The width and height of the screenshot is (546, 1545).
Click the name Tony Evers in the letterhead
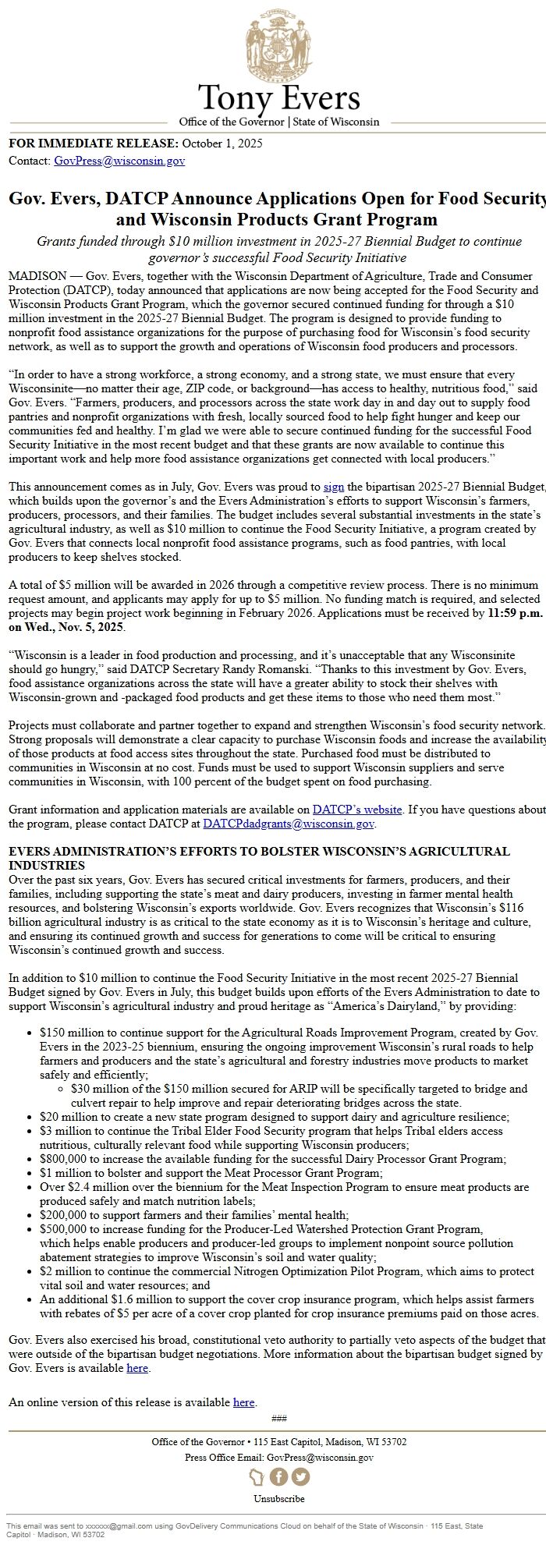tap(278, 99)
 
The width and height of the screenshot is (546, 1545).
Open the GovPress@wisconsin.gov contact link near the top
tap(119, 161)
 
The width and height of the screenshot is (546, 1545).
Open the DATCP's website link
tap(357, 810)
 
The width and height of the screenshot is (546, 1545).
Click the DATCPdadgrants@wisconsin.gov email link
tap(289, 824)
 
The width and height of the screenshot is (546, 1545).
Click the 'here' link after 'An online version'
tap(243, 1402)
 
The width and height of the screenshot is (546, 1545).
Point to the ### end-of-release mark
tap(278, 1418)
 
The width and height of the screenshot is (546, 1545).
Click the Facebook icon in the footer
tap(278, 1477)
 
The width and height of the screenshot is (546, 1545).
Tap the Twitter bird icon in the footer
tap(300, 1477)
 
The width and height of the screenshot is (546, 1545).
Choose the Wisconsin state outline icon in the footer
tap(257, 1477)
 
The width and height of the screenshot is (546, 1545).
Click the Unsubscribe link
tap(278, 1498)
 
